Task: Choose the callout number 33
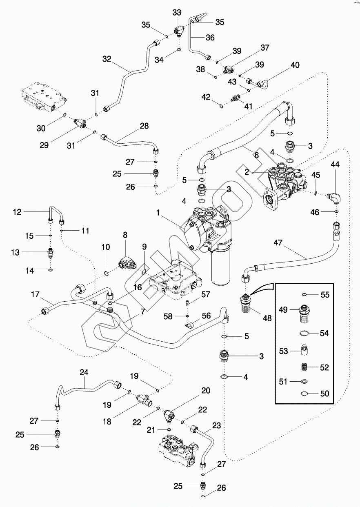click(x=177, y=13)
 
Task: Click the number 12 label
click(x=17, y=211)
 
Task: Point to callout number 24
click(x=84, y=372)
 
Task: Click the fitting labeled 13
click(x=49, y=252)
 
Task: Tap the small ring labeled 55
click(x=304, y=294)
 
